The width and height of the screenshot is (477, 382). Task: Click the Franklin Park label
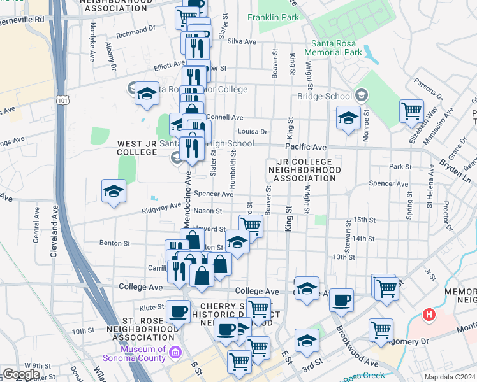[274, 17]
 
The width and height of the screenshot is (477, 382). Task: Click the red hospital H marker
[430, 314]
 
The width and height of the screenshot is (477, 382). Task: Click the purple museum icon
[177, 350]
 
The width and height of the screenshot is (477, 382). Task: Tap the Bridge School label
[325, 96]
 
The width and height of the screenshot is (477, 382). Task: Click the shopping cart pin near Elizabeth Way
[411, 111]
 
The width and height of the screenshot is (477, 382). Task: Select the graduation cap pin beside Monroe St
[349, 118]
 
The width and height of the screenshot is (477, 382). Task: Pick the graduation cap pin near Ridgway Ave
[114, 190]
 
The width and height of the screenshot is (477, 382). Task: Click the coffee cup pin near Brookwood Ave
[342, 299]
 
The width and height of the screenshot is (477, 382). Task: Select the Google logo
[21, 374]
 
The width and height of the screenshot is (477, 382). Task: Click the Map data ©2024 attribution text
[449, 377]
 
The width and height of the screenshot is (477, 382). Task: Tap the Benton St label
[115, 243]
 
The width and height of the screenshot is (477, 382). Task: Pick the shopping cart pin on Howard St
[251, 225]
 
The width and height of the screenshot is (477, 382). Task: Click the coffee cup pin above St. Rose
[178, 311]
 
